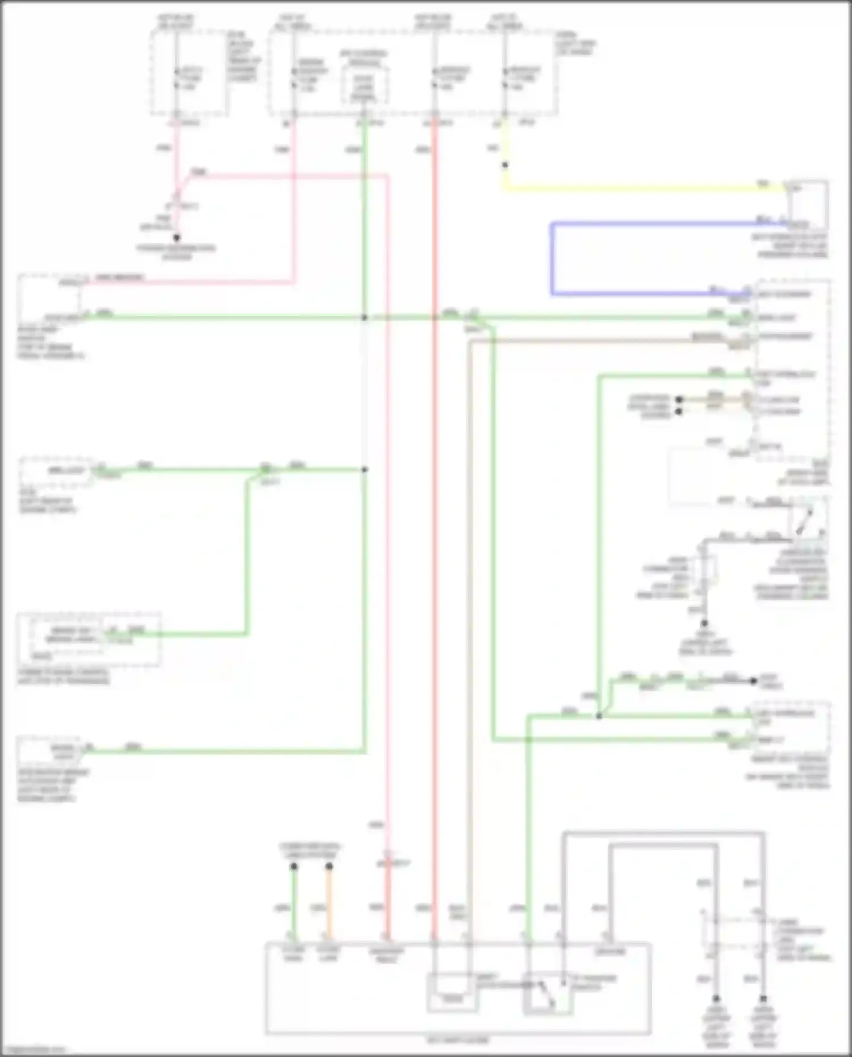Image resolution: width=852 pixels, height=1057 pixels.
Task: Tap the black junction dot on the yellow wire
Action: coord(505,165)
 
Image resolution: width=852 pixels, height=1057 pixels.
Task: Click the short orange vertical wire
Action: coord(329,903)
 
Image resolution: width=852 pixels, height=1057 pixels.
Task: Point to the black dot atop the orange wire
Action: coord(329,867)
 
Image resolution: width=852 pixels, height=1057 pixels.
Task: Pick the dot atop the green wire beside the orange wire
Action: coord(294,867)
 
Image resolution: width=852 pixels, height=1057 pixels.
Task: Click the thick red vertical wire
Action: coord(435,511)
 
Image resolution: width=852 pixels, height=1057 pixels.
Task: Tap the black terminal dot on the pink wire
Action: coord(177,238)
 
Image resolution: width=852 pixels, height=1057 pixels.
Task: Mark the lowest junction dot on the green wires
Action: coord(599,717)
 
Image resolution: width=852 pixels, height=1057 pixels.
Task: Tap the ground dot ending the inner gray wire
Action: coord(716,998)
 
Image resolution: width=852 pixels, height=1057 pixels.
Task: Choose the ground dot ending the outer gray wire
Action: coord(763,998)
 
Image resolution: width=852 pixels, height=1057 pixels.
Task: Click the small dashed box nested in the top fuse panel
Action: coord(365,85)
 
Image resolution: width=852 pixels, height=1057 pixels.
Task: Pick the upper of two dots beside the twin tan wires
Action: coord(679,400)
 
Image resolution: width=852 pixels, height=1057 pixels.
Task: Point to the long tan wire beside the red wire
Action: coord(470,625)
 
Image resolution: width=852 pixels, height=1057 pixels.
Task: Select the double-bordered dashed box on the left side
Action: coord(89,640)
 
